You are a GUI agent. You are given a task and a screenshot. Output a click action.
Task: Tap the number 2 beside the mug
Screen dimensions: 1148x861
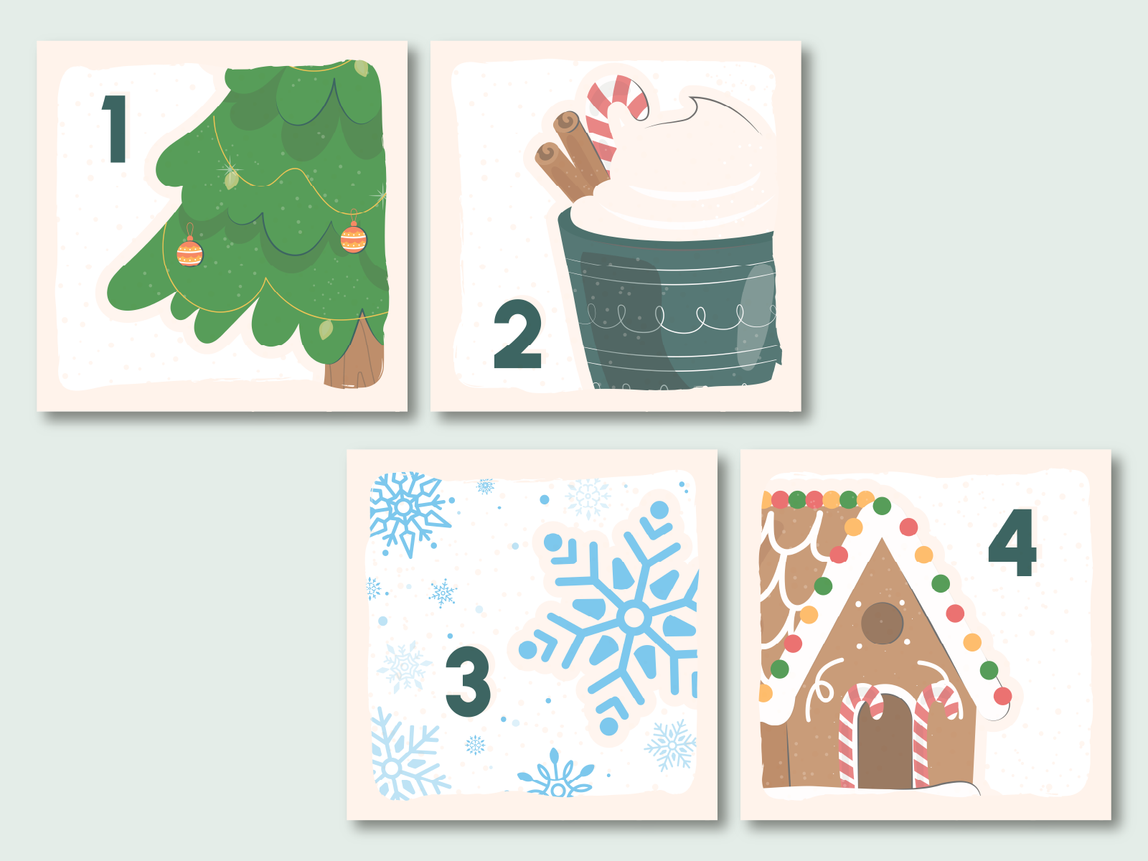517,334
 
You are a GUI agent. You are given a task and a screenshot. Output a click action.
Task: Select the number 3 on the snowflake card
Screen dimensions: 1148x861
468,681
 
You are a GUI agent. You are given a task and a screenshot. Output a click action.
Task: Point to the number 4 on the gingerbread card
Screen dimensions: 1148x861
1012,542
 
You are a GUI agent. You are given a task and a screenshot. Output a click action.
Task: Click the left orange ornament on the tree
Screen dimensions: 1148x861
189,252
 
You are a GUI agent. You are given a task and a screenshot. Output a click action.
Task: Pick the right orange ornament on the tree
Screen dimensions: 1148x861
354,237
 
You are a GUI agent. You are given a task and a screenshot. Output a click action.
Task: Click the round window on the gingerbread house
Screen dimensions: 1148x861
882,623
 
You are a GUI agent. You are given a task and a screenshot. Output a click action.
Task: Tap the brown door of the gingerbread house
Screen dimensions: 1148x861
885,741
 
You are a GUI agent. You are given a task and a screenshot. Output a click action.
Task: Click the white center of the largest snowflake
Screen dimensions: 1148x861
634,618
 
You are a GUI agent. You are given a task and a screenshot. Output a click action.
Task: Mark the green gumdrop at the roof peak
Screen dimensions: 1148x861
882,506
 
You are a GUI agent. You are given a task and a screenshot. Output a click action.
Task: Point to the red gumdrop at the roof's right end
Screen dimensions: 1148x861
1002,696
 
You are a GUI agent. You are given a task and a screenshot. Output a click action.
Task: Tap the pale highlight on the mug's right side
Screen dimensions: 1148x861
756,317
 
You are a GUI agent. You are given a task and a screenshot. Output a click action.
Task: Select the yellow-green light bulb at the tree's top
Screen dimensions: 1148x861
362,68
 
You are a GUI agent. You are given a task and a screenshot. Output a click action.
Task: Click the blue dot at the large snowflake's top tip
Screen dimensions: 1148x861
659,509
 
